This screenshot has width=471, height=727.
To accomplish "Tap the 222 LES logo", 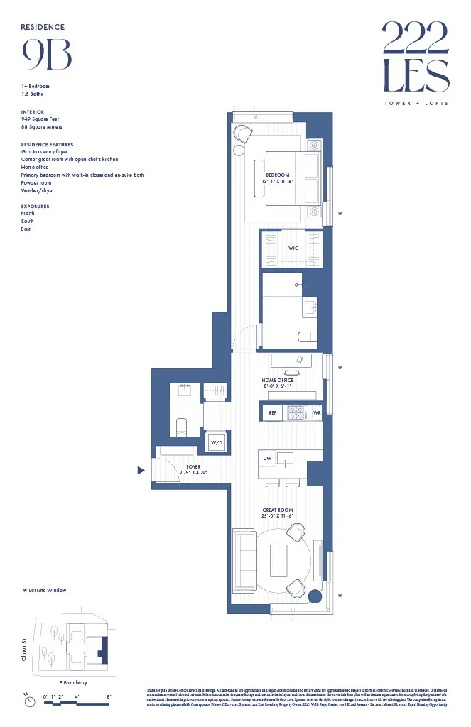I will pos(416,57).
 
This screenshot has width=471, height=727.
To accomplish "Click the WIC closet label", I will pos(293,248).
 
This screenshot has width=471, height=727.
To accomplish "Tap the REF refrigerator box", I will pos(271,412).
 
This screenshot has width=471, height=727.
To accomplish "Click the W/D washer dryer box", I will pos(215,443).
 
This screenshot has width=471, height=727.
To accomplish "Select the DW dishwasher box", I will pos(267,459).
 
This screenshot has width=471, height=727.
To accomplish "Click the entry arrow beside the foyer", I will pos(141,470).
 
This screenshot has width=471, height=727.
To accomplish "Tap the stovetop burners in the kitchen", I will pos(296,412).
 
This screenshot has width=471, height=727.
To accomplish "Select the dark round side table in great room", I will pos(316,594).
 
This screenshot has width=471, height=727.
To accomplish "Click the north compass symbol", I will pos(29,701).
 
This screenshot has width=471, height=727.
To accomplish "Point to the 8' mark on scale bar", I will pos(109,696).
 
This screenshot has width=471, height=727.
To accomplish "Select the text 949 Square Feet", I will pos(40,119).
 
